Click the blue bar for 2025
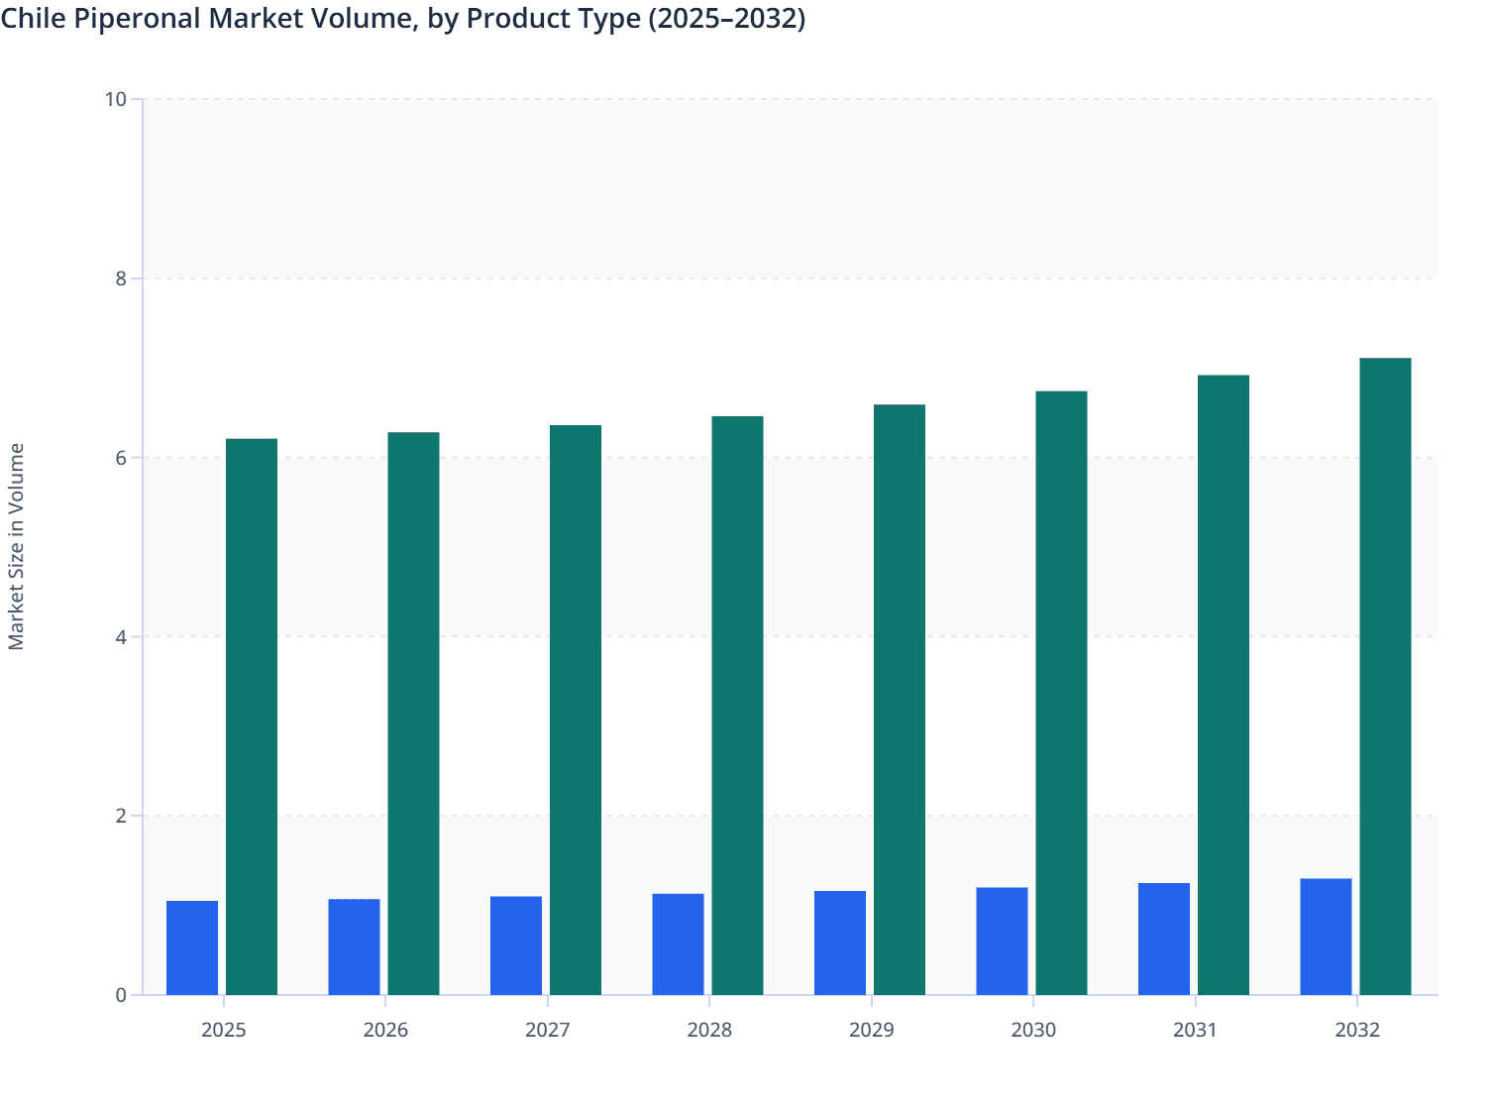[x=192, y=947]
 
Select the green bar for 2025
[x=252, y=717]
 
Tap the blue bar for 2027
[x=516, y=945]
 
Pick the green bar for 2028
[x=737, y=706]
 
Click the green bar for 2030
[x=1061, y=693]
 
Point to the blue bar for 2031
[x=1164, y=939]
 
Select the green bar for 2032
[x=1385, y=676]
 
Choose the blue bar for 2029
[x=840, y=943]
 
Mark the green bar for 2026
[x=413, y=714]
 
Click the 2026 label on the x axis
[x=385, y=1030]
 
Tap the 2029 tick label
[x=872, y=1030]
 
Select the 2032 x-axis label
[x=1357, y=1030]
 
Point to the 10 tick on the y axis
[x=116, y=99]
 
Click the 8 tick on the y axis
[x=121, y=278]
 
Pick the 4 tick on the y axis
[x=121, y=637]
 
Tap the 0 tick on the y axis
[x=121, y=995]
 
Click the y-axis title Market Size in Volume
[x=16, y=546]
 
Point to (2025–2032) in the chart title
[x=726, y=19]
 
